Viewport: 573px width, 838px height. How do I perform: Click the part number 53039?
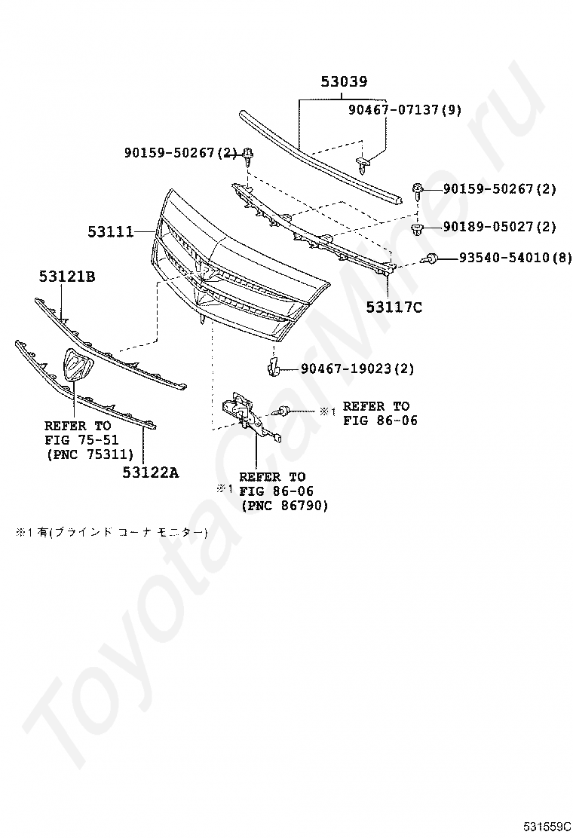point(343,82)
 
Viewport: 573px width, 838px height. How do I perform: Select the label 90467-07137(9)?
point(404,110)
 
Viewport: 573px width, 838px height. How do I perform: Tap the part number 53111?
point(110,231)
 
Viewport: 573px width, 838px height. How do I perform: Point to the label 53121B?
point(67,277)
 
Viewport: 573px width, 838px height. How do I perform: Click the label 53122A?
point(151,473)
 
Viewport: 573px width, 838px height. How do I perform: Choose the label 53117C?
point(394,307)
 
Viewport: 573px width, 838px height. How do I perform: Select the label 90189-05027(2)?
point(499,227)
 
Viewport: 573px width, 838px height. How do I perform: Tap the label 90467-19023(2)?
point(357,369)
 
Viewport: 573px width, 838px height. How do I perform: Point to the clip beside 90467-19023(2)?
point(274,368)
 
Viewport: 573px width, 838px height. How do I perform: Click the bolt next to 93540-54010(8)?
point(434,258)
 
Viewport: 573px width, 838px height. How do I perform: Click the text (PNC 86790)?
point(285,506)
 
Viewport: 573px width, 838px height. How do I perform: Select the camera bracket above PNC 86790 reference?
point(245,411)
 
